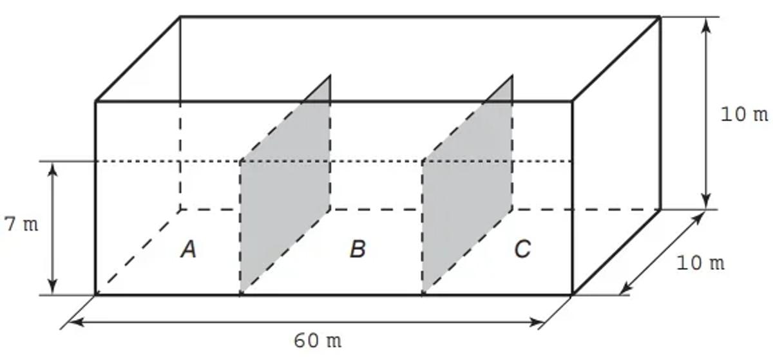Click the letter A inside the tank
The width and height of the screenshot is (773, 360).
click(188, 249)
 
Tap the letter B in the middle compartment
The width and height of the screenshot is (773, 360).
click(358, 249)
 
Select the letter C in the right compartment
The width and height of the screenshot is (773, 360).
click(522, 249)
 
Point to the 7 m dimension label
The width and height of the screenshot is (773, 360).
click(21, 225)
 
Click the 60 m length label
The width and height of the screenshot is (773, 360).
click(318, 340)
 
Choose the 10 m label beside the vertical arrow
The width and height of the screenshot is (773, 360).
click(744, 115)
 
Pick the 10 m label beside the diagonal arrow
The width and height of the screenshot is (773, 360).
click(700, 263)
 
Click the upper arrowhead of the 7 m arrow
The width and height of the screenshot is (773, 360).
click(53, 167)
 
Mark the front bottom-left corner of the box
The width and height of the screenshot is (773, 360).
click(96, 295)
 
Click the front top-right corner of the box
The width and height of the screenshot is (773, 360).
click(572, 101)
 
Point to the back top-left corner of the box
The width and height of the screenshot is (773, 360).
click(180, 17)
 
